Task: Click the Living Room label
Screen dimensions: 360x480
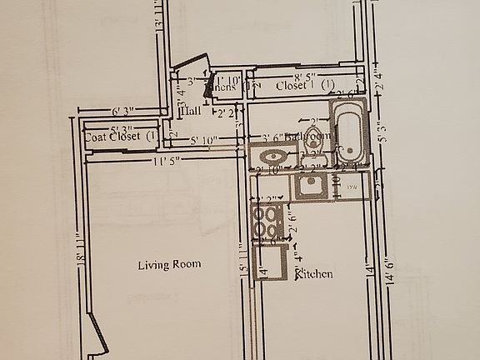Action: tap(169, 264)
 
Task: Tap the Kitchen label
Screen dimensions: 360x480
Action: tap(315, 273)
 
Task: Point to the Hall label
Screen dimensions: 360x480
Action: tap(190, 110)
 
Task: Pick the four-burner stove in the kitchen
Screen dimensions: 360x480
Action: tap(267, 223)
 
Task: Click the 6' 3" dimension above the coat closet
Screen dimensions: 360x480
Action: tap(122, 110)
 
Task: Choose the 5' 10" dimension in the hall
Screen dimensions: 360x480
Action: tap(204, 139)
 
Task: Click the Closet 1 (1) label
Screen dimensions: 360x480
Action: tap(305, 85)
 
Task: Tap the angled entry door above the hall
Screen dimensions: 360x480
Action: tap(189, 67)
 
